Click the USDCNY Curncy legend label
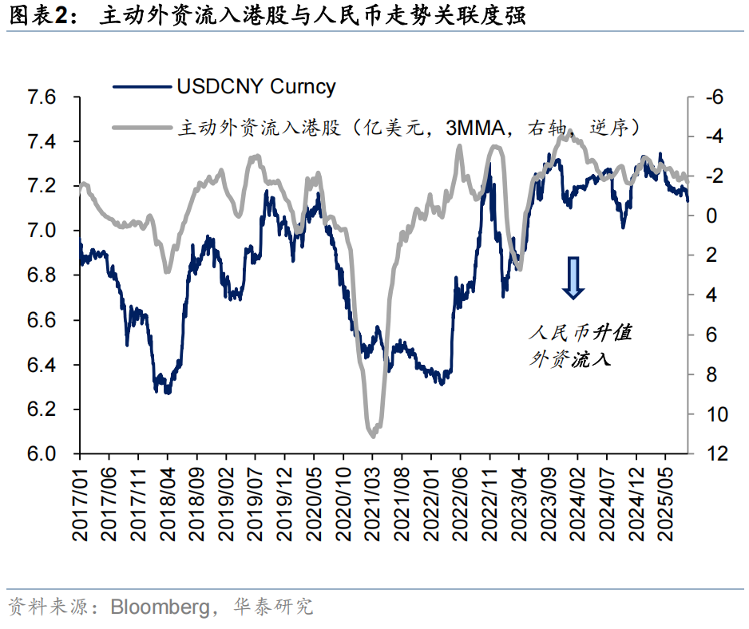[x=256, y=87]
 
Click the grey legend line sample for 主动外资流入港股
[x=142, y=126]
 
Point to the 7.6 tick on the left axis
[x=43, y=97]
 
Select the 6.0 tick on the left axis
[x=43, y=453]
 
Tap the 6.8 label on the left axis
[x=43, y=275]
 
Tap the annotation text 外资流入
[x=569, y=359]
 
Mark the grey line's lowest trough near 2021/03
[x=373, y=436]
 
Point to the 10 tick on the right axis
[x=711, y=414]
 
